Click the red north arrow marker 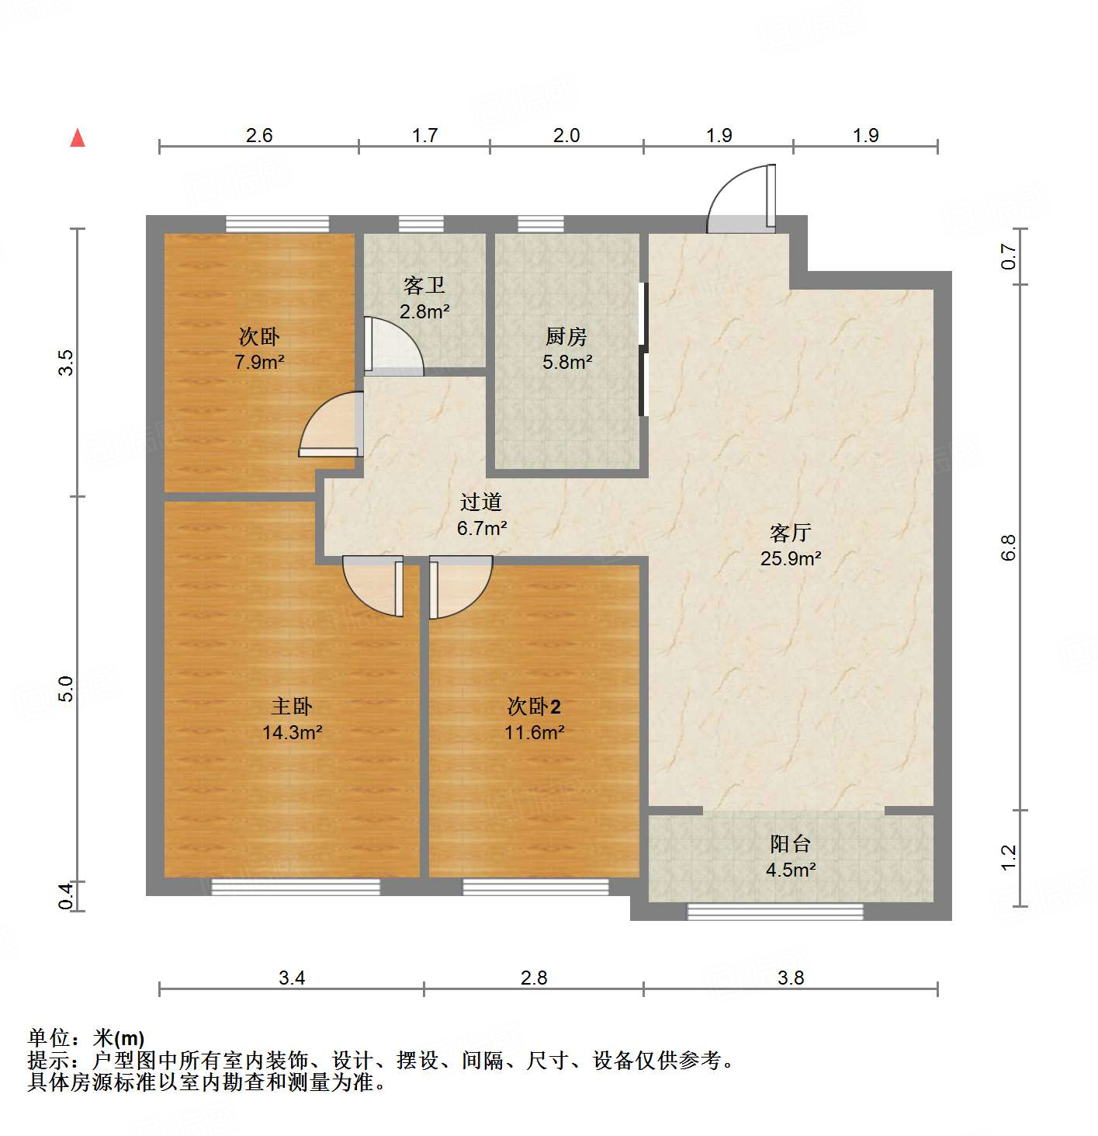(x=78, y=138)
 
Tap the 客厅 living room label (x=790, y=533)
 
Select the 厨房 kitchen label (x=566, y=336)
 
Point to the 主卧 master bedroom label (x=291, y=706)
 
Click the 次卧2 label (x=533, y=706)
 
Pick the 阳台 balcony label (x=790, y=843)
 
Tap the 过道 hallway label (x=481, y=502)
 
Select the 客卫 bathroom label (x=424, y=286)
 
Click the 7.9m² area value (x=259, y=362)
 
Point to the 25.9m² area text (x=790, y=558)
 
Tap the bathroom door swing (x=394, y=346)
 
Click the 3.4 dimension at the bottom (x=292, y=978)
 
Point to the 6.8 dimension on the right (x=1008, y=547)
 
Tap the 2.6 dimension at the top (x=259, y=135)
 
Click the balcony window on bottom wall (x=775, y=912)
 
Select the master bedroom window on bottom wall (x=296, y=887)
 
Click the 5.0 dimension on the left (x=67, y=689)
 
